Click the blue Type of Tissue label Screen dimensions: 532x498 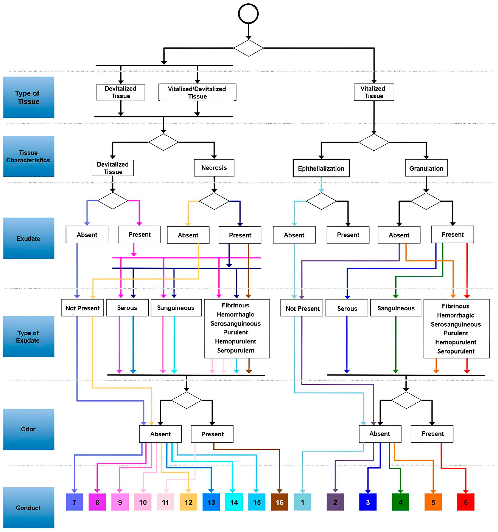(x=29, y=97)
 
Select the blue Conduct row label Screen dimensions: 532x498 (x=29, y=508)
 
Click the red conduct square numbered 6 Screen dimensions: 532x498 (x=466, y=502)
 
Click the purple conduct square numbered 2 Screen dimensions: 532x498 (x=335, y=502)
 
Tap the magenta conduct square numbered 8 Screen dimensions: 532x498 (x=97, y=502)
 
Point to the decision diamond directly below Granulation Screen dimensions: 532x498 (x=426, y=201)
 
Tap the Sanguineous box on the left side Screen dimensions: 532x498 (x=176, y=308)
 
